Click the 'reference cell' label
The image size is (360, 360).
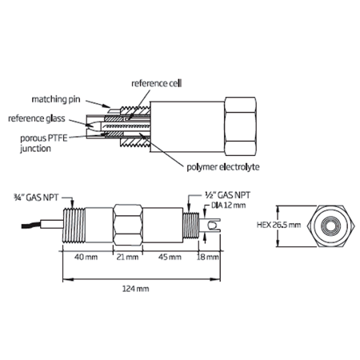pos(157,83)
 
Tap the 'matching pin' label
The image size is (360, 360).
pos(56,99)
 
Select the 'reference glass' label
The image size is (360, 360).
pos(37,118)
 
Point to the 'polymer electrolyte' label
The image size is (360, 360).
pos(223,167)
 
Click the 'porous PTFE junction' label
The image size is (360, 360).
pos(44,143)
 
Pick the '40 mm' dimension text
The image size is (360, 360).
pos(86,257)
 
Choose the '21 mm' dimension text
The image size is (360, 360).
pos(127,257)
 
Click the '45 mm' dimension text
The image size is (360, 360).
pos(170,257)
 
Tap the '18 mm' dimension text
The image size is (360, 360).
pos(208,257)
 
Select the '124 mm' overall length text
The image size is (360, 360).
pos(136,289)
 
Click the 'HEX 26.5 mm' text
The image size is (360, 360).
pos(278,225)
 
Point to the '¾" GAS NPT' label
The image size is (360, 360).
pos(36,198)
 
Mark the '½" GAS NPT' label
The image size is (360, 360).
pos(227,195)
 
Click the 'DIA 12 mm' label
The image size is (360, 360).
pos(229,206)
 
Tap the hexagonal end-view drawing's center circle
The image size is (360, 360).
pos(331,226)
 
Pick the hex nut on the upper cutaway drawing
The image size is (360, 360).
pos(241,126)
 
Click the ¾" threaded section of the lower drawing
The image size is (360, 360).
pos(74,225)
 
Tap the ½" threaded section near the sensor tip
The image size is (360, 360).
pos(191,226)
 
